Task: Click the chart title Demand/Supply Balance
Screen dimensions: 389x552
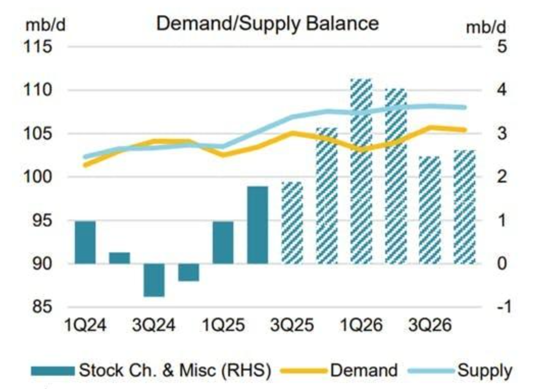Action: click(x=267, y=23)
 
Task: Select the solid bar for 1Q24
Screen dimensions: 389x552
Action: click(x=85, y=242)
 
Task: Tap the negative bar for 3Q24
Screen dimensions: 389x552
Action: click(x=154, y=280)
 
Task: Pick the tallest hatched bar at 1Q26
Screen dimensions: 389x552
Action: click(x=361, y=172)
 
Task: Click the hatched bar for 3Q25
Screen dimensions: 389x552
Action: click(x=292, y=223)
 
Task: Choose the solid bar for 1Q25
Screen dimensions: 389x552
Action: click(x=223, y=242)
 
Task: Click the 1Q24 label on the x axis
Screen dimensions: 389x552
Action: click(x=86, y=326)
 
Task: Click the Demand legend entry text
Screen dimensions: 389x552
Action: click(x=364, y=370)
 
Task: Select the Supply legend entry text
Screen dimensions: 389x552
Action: click(x=485, y=370)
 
